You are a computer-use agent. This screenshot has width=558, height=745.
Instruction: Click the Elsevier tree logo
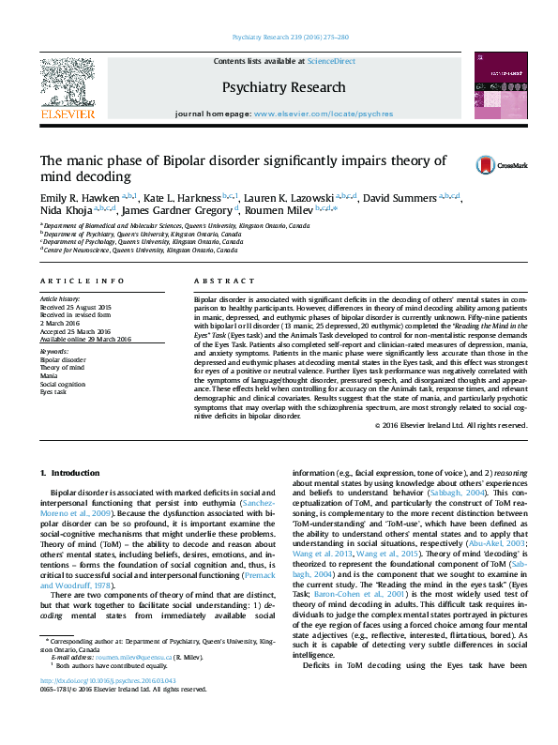(68, 85)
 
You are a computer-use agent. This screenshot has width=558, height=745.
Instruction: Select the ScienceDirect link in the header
(332, 61)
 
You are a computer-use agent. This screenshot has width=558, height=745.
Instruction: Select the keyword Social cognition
(62, 384)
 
